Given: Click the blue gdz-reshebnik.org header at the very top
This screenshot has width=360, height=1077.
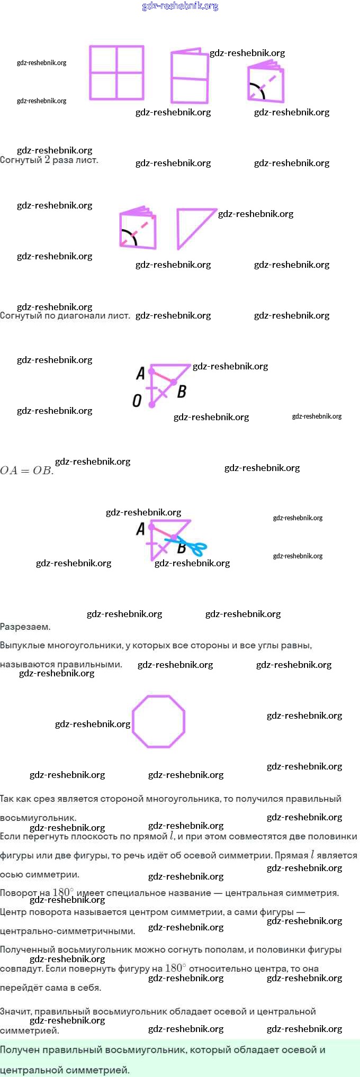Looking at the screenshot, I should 180,6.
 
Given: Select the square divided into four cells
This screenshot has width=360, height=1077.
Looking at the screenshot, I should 116,73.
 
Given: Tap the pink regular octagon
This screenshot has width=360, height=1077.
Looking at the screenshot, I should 158,721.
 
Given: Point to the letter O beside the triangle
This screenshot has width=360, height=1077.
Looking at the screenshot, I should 137,401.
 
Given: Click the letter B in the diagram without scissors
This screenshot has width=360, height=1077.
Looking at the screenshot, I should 182,392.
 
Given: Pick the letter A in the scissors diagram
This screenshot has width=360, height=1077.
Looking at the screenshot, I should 140,529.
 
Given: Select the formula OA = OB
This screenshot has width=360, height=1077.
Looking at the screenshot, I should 26,470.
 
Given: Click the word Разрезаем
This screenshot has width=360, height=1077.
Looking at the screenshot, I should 25,627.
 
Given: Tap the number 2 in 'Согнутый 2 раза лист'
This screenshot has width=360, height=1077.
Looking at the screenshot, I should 47,160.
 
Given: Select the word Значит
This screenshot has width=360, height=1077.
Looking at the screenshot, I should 16,1011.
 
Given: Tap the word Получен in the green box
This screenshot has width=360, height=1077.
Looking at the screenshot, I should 20,1049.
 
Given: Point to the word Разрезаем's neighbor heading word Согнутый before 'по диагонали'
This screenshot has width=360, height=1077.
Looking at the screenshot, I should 21,315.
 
